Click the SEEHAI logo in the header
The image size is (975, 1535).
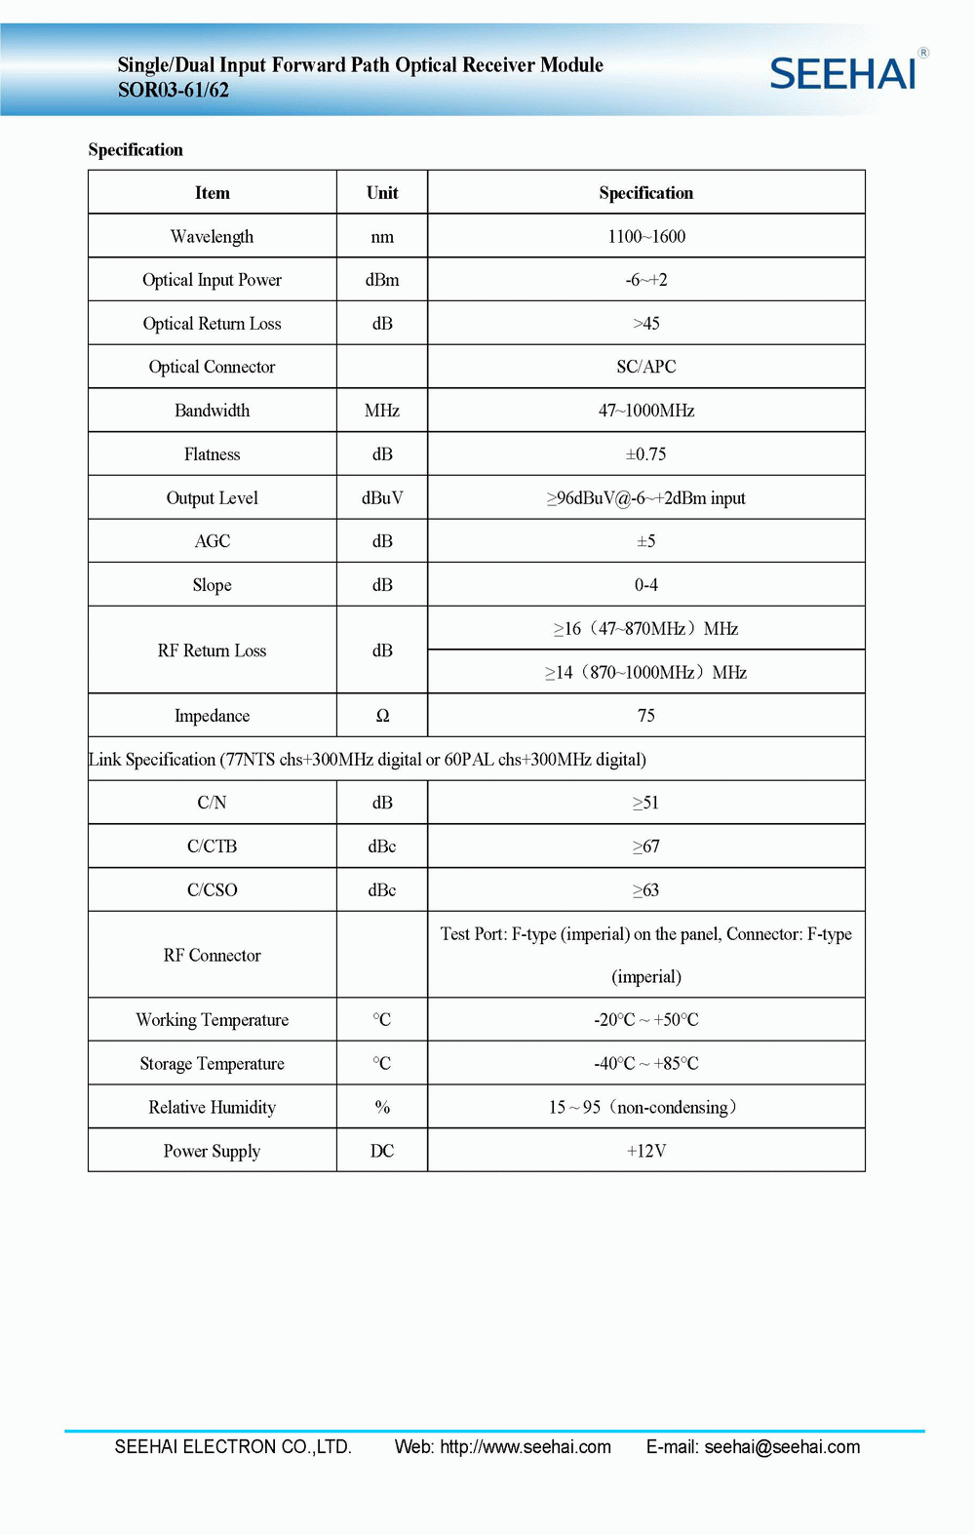(x=844, y=74)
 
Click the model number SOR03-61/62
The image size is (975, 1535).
(x=174, y=91)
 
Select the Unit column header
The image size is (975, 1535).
(x=382, y=193)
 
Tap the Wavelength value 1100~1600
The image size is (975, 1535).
(x=646, y=237)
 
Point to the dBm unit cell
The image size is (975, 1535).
(x=382, y=280)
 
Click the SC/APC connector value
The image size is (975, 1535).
(x=646, y=367)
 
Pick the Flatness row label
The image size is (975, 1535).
(x=212, y=454)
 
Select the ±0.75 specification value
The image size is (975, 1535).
(x=646, y=454)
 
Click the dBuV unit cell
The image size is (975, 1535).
(x=382, y=498)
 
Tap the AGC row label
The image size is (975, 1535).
(x=212, y=541)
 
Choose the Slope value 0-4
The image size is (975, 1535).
(x=646, y=585)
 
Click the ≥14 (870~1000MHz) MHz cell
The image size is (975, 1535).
(x=646, y=673)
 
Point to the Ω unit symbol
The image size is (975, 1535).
(x=382, y=716)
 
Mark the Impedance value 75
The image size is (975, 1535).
(x=646, y=716)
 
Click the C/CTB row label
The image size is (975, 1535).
(x=212, y=846)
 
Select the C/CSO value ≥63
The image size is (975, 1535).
(x=646, y=890)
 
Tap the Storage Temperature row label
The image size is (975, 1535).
(x=212, y=1064)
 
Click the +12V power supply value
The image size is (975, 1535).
(x=646, y=1151)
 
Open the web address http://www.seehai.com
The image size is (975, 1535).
(x=526, y=1447)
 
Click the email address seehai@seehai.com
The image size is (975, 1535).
(x=782, y=1447)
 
